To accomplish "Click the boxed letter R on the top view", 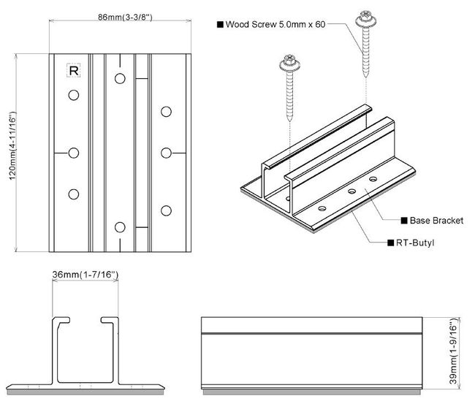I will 73,71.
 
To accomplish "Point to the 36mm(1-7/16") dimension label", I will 85,275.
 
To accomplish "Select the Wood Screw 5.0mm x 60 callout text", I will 275,24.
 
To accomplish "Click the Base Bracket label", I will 436,220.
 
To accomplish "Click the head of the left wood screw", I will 291,67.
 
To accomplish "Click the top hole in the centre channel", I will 120,76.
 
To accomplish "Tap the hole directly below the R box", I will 73,95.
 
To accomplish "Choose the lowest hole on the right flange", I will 167,211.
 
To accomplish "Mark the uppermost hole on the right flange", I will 167,111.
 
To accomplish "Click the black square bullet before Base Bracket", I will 403,220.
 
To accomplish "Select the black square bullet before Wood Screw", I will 220,24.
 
